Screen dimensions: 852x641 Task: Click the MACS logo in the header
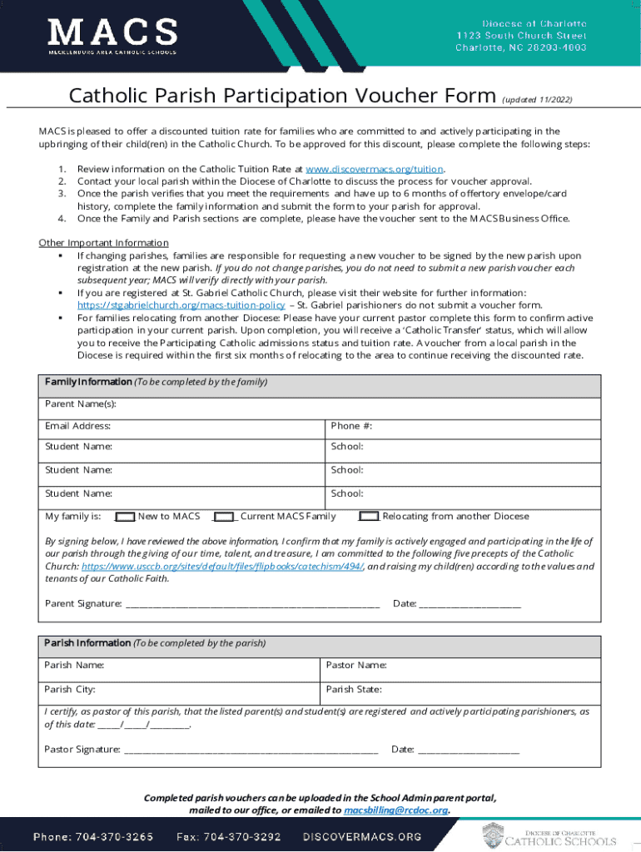pyautogui.click(x=113, y=37)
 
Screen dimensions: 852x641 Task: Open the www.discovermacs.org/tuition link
pyautogui.click(x=375, y=168)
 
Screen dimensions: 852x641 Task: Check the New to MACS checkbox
pyautogui.click(x=125, y=517)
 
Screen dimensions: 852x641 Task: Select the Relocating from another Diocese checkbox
pyautogui.click(x=369, y=517)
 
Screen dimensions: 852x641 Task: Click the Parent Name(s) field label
pyautogui.click(x=81, y=404)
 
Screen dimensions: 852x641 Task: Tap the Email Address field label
pyautogui.click(x=77, y=426)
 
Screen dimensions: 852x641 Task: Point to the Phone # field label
pyautogui.click(x=351, y=426)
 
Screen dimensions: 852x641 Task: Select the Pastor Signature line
pyautogui.click(x=251, y=750)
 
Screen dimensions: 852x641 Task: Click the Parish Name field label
pyautogui.click(x=74, y=666)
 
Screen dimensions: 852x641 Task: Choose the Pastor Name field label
pyautogui.click(x=356, y=666)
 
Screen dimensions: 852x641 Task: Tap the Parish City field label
pyautogui.click(x=70, y=690)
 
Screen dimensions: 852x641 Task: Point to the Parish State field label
pyautogui.click(x=354, y=690)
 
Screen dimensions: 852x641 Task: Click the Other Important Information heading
pyautogui.click(x=104, y=243)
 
